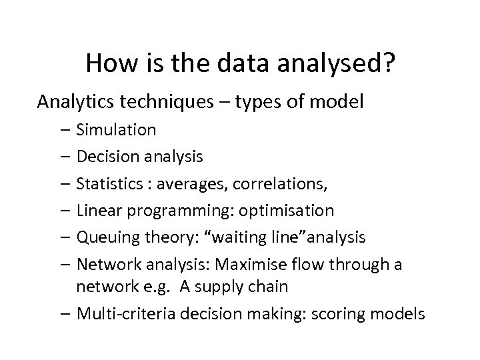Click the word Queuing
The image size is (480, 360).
tap(104, 238)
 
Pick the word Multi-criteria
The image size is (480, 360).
tap(121, 313)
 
